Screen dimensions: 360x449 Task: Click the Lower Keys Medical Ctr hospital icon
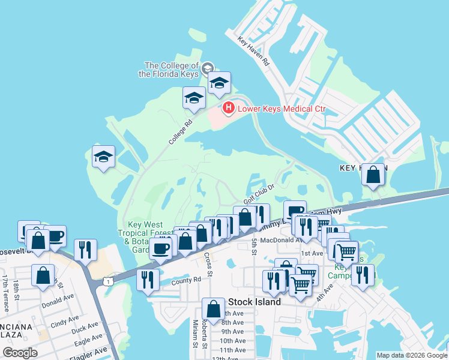[x=228, y=108]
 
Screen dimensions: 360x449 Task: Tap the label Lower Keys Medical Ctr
[x=282, y=109]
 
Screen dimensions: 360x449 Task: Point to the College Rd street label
[x=180, y=130]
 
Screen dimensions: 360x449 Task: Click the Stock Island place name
[x=254, y=302]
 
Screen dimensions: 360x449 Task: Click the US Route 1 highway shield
[x=107, y=281]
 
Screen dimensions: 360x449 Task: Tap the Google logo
[x=20, y=353]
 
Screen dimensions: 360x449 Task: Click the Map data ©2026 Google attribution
[x=411, y=355]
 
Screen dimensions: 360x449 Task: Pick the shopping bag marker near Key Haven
[x=373, y=175]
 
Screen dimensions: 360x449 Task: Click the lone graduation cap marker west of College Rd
[x=104, y=157]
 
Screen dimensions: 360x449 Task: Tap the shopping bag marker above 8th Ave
[x=213, y=309]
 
